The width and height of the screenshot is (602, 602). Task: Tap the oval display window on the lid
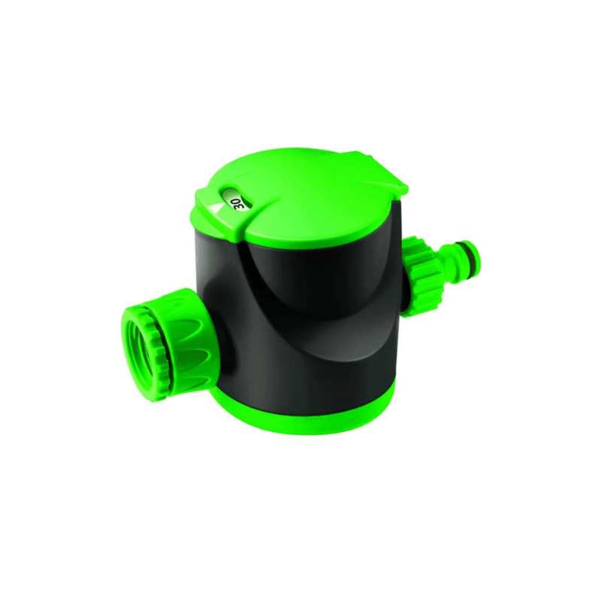236,199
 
